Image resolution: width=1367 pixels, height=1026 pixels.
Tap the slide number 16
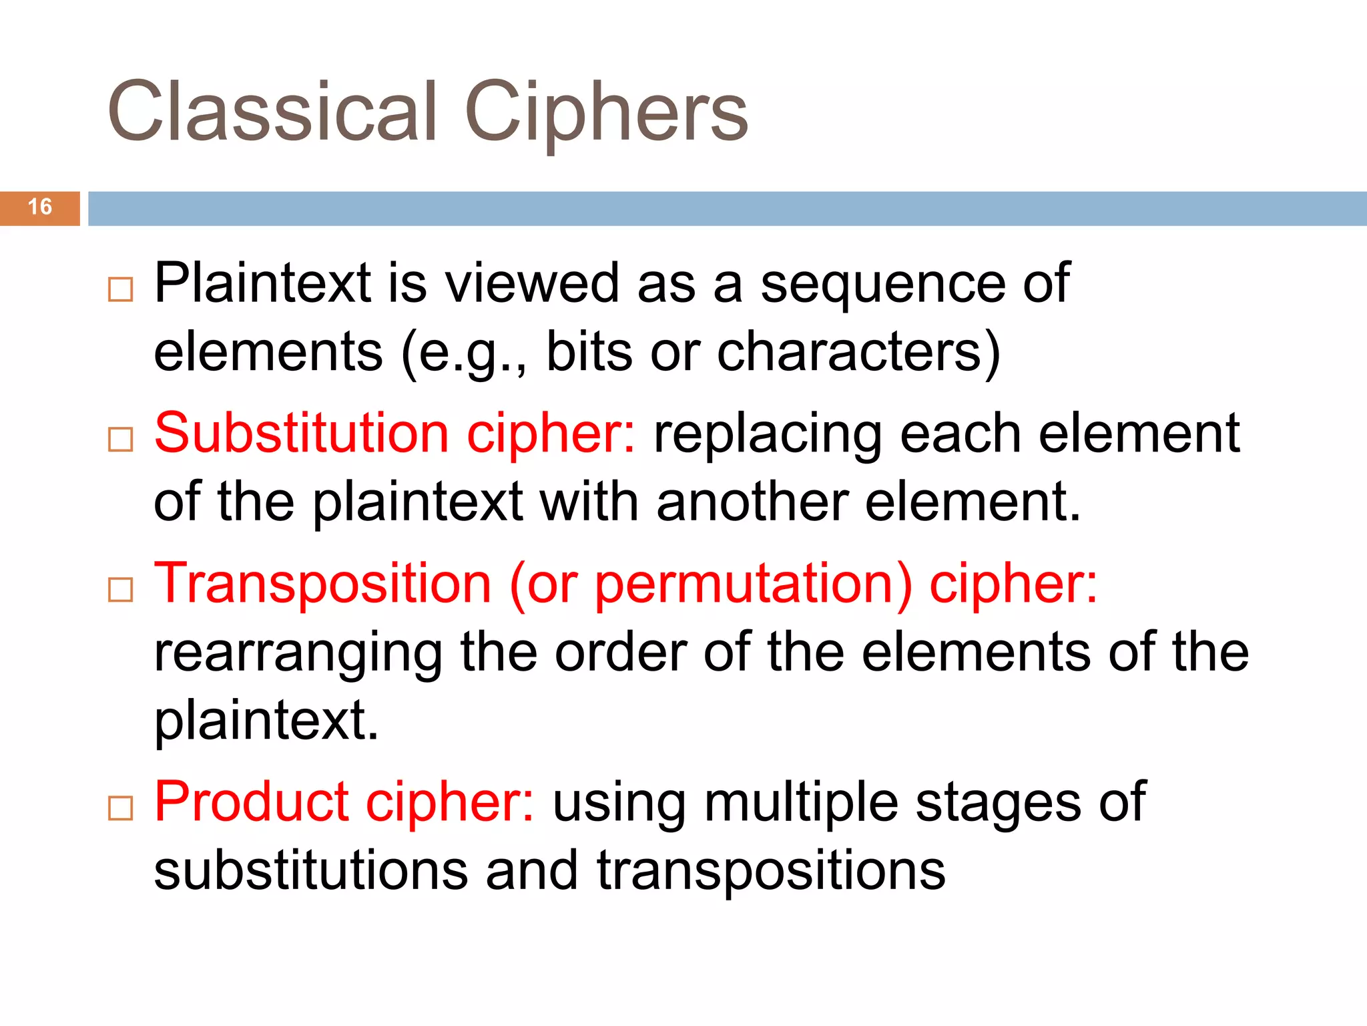coord(40,207)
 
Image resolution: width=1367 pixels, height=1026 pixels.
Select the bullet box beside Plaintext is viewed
coord(120,290)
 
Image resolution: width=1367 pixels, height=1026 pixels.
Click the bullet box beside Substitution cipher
coord(120,440)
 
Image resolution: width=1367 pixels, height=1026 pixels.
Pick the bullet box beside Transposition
coord(120,590)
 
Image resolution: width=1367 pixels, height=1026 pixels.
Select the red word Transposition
coord(323,584)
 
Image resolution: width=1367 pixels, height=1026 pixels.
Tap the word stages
coord(998,804)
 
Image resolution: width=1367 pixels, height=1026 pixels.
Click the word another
coord(752,502)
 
